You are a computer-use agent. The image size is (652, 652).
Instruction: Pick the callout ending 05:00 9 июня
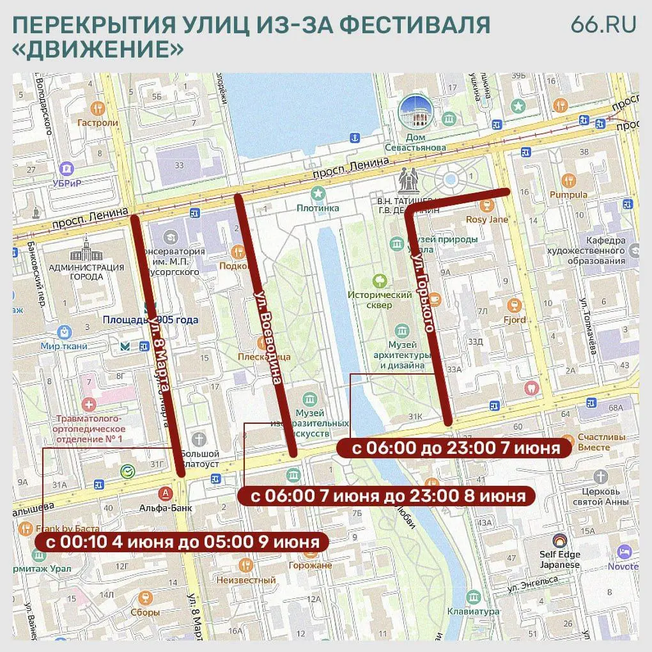pyautogui.click(x=182, y=542)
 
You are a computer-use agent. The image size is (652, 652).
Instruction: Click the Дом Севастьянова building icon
pyautogui.click(x=415, y=112)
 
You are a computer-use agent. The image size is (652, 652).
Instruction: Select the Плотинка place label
pyautogui.click(x=317, y=207)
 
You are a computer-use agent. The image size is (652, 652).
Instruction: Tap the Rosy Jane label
pyautogui.click(x=487, y=219)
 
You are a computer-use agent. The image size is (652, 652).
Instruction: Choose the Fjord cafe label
pyautogui.click(x=514, y=319)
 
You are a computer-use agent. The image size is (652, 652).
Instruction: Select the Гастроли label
pyautogui.click(x=97, y=123)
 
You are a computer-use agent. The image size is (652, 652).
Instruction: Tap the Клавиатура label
pyautogui.click(x=473, y=612)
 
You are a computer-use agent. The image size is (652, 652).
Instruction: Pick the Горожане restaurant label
pyautogui.click(x=310, y=565)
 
